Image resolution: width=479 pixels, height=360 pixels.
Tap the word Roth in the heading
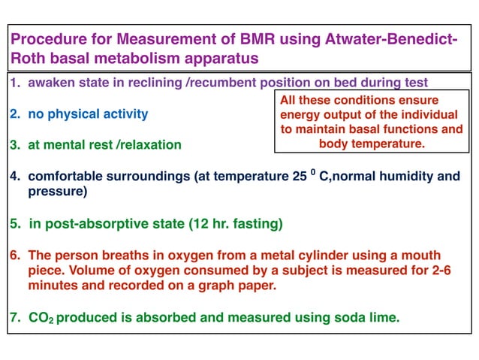point(29,58)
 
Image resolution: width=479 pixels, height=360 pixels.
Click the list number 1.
point(14,83)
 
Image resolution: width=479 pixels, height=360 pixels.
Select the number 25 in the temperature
point(296,177)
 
